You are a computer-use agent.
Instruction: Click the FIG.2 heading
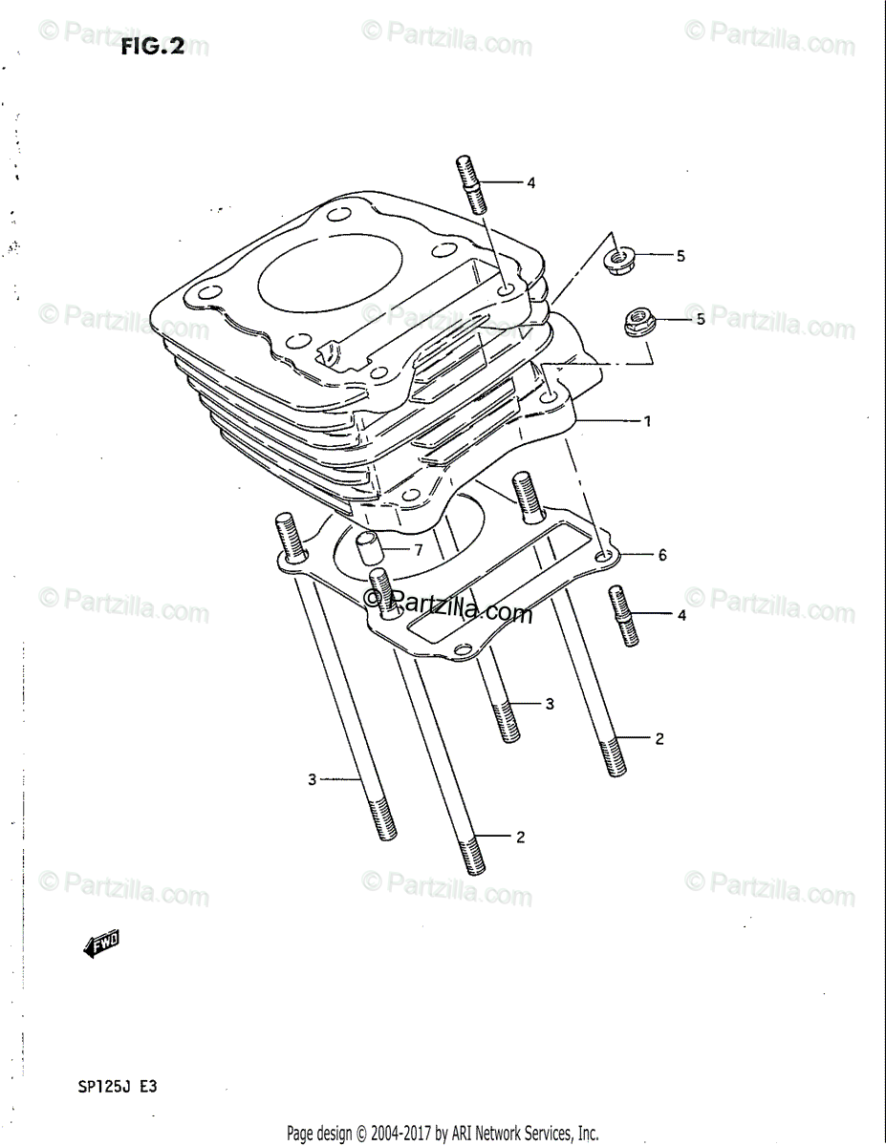pos(152,47)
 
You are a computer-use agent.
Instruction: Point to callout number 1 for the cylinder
pos(647,421)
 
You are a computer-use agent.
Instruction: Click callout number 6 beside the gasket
pos(661,555)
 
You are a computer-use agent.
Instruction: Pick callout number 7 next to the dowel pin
pos(418,549)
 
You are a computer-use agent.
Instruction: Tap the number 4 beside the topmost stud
pos(531,182)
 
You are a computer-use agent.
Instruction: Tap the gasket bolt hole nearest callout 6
pos(602,556)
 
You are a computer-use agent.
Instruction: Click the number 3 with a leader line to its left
pos(551,705)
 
